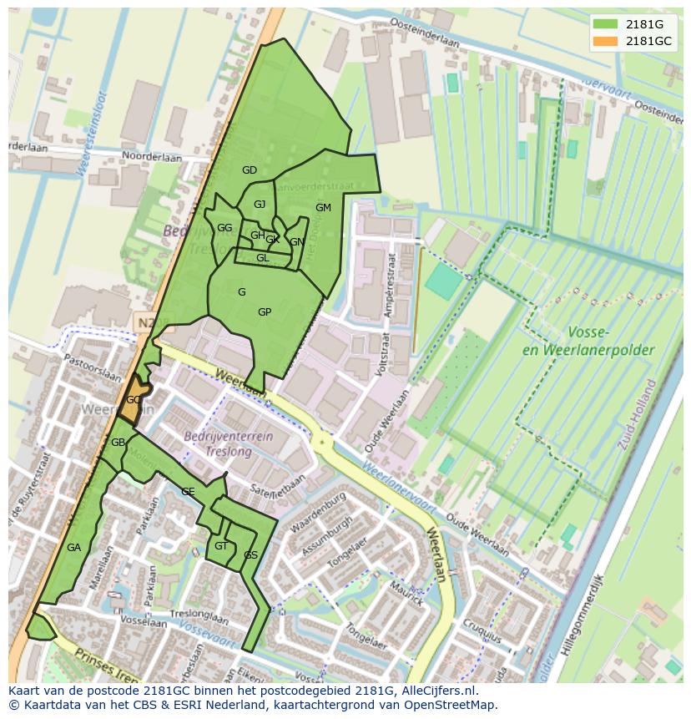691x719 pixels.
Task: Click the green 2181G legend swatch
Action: tap(606, 24)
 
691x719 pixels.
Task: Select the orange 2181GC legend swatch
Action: tap(606, 41)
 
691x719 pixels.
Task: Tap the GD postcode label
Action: tap(249, 170)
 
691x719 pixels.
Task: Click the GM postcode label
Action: tap(323, 208)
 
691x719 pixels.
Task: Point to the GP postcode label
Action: tap(265, 312)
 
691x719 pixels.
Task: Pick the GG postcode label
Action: tap(224, 228)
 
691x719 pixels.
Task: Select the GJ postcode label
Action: tap(260, 205)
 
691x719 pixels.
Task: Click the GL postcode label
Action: tap(262, 258)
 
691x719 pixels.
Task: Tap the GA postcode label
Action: tap(73, 548)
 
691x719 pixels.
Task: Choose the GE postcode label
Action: tap(188, 492)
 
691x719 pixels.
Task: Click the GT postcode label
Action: tap(220, 546)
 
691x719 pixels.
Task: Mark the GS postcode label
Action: tap(250, 555)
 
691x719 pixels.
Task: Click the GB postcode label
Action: tap(118, 442)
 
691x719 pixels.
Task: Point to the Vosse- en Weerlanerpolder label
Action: tap(588, 340)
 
